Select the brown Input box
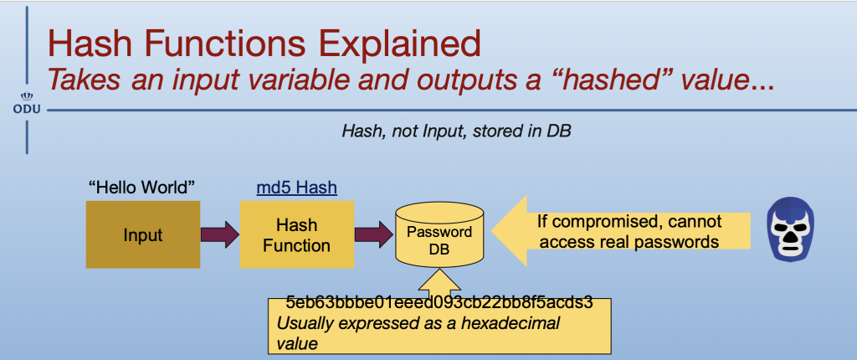click(x=142, y=234)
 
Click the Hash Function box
click(x=297, y=234)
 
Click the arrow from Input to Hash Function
click(x=220, y=234)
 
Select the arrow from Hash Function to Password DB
click(x=374, y=234)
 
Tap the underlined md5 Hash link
click(x=297, y=188)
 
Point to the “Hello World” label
click(x=142, y=188)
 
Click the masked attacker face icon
click(x=790, y=229)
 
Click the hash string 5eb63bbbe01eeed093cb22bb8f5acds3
click(x=439, y=303)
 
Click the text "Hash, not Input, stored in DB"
click(x=456, y=131)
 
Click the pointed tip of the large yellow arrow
click(x=491, y=230)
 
